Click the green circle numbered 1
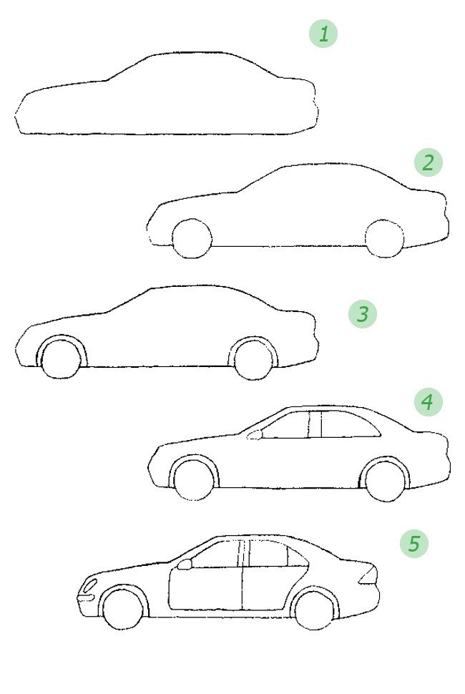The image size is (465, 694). click(x=323, y=34)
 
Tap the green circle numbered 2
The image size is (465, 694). click(x=429, y=162)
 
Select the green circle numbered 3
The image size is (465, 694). click(x=363, y=314)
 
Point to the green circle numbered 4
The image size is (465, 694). click(x=428, y=402)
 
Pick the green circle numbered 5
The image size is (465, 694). click(x=414, y=543)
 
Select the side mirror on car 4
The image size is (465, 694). click(x=255, y=435)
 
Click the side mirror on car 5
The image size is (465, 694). click(x=185, y=564)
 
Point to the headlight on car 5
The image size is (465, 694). click(x=90, y=585)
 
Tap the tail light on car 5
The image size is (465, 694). click(x=368, y=575)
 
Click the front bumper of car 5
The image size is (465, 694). click(x=86, y=598)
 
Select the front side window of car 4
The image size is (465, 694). click(x=286, y=425)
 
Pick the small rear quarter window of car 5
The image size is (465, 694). click(x=298, y=557)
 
